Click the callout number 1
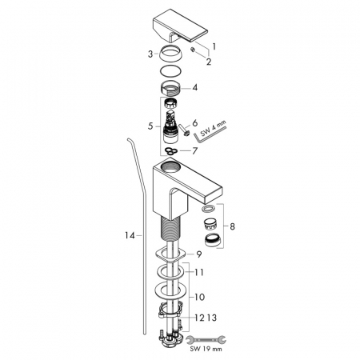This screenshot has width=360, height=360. coord(214,47)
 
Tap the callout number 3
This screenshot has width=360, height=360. coord(150,54)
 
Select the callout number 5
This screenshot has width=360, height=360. coord(150,126)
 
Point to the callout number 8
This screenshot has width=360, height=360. coord(232,226)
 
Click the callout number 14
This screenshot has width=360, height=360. coord(130,235)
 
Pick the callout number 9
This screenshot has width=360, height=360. coord(199,254)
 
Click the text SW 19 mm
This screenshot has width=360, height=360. coord(206,349)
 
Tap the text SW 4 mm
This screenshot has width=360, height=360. coord(213,127)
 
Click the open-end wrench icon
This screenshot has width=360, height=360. coord(206,340)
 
